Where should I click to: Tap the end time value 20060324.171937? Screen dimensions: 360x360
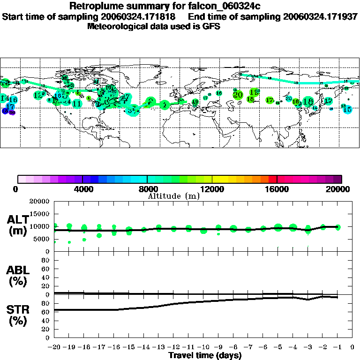point(319,16)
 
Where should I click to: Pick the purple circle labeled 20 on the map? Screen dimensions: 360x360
point(12,112)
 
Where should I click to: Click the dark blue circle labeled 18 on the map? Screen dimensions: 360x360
point(5,111)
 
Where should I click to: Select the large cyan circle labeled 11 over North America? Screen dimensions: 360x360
point(77,103)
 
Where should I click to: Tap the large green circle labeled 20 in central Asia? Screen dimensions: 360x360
point(238,95)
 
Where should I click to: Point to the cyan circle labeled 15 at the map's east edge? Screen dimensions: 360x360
point(347,110)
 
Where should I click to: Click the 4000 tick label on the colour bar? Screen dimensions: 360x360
point(82,189)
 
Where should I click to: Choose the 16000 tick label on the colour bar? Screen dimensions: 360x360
point(277,189)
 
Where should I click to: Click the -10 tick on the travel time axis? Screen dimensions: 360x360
point(202,347)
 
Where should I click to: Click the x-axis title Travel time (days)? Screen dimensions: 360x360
point(205,355)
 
